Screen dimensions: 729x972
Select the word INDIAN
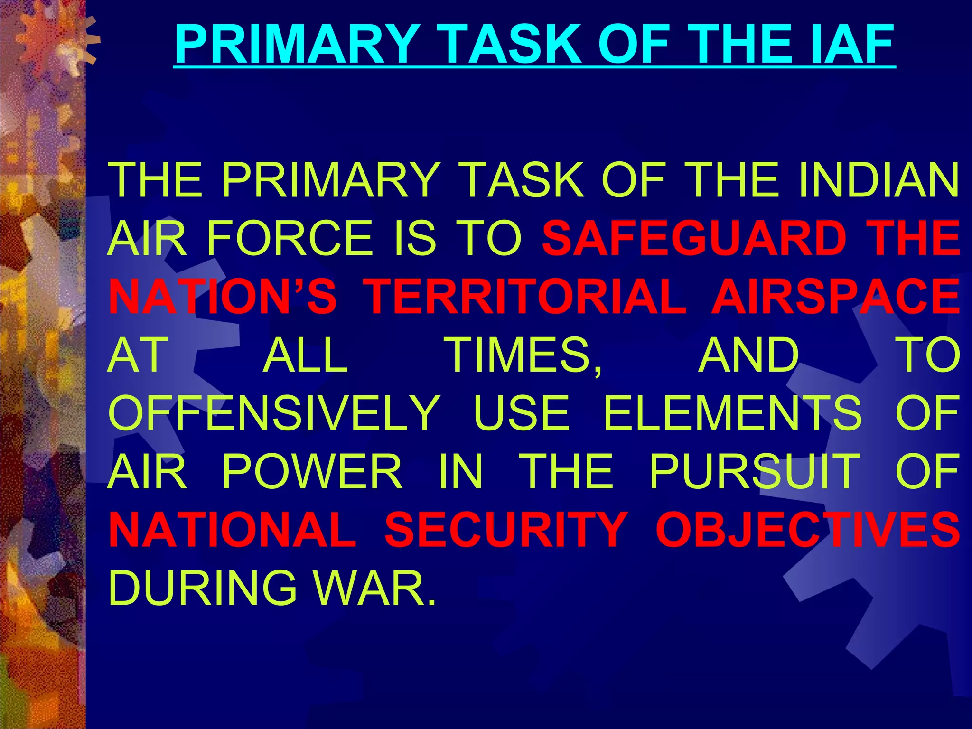[x=878, y=180]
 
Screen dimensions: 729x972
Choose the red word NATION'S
[x=223, y=297]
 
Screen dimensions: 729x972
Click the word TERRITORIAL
[x=527, y=297]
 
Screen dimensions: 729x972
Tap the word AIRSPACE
[x=835, y=297]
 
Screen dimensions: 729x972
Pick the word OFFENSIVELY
[x=275, y=413]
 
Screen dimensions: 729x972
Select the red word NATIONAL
[x=233, y=530]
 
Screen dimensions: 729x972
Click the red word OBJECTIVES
[x=807, y=530]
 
